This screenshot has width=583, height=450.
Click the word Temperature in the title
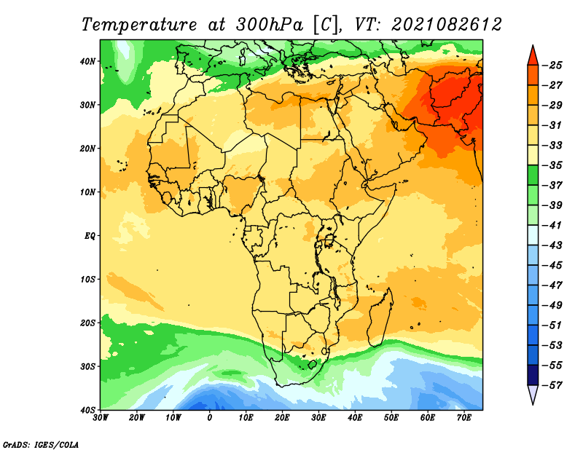click(139, 25)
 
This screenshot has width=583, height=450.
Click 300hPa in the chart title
click(269, 25)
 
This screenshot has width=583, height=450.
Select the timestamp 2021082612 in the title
click(447, 25)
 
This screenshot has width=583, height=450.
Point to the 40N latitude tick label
click(87, 61)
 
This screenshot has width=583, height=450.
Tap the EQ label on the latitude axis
click(90, 236)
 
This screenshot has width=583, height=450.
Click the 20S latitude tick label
click(87, 323)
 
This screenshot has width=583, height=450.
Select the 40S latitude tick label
click(87, 410)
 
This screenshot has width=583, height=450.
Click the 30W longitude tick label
click(101, 418)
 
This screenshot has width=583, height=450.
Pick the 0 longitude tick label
click(210, 418)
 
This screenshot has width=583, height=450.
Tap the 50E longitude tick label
click(391, 418)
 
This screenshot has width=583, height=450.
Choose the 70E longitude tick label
click(464, 418)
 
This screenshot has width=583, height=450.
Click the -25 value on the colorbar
click(552, 66)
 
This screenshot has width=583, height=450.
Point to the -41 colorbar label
click(552, 225)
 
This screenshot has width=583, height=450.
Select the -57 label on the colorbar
click(552, 385)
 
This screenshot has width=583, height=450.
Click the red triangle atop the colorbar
click(533, 57)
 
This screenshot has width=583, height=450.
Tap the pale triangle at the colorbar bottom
click(533, 393)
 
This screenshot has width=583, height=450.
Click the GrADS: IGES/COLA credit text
click(41, 444)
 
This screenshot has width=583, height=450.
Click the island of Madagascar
click(380, 317)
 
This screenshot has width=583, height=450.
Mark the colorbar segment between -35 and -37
click(533, 175)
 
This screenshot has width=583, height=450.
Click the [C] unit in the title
click(326, 25)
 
